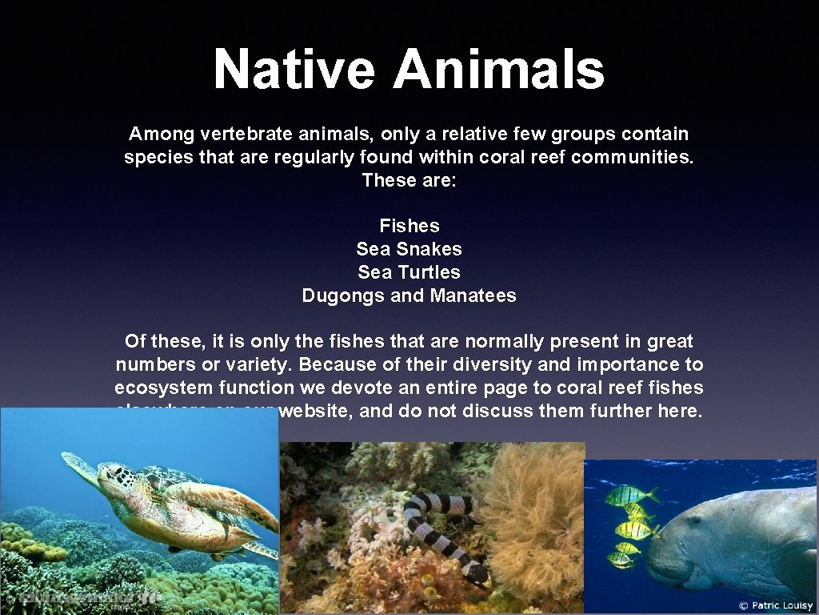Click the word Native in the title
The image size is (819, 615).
294,69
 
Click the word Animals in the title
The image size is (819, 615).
498,69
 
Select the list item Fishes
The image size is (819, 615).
409,226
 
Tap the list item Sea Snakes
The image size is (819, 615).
409,249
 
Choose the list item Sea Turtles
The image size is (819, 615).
409,272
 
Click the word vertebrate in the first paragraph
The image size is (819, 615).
243,134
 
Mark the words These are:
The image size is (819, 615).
409,180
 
